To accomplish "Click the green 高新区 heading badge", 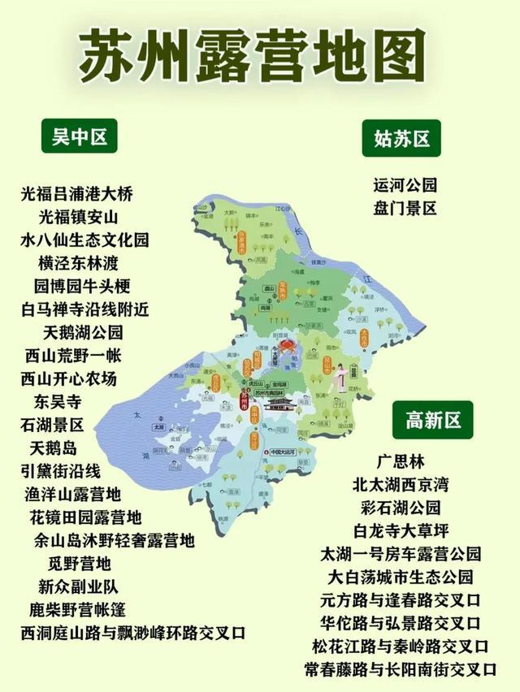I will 433,419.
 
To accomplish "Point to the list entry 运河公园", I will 405,184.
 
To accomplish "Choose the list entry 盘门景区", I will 405,208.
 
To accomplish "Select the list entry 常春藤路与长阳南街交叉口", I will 401,670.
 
